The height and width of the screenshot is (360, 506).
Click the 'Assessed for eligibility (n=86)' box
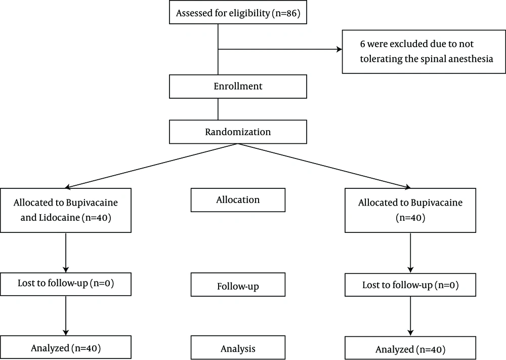pos(238,12)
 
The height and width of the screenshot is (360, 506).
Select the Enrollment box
pos(238,87)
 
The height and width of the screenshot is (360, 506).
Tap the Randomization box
pos(238,132)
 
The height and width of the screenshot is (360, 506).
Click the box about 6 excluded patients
pos(424,52)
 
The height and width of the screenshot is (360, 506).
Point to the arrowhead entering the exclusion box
pos(340,50)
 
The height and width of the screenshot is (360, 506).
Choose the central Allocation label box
pos(238,200)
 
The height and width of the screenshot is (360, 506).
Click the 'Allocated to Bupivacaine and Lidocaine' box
pos(66,210)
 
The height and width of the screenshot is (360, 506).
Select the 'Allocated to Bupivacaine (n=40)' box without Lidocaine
pos(410,210)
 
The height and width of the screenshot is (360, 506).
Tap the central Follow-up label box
pos(238,285)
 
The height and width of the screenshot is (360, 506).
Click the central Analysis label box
pos(238,347)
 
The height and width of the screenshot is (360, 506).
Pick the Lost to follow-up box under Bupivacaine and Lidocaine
pos(66,284)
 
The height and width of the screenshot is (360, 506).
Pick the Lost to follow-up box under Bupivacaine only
pos(410,285)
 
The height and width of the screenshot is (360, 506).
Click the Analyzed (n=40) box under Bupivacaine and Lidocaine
pos(66,347)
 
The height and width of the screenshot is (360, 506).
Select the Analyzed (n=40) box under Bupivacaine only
pos(410,348)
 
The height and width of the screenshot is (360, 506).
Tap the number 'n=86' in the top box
pos(286,13)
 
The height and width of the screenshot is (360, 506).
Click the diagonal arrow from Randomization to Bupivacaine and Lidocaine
pos(151,166)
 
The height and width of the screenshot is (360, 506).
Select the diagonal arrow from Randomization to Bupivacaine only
pos(324,166)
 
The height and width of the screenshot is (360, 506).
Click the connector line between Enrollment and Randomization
pos(218,109)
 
